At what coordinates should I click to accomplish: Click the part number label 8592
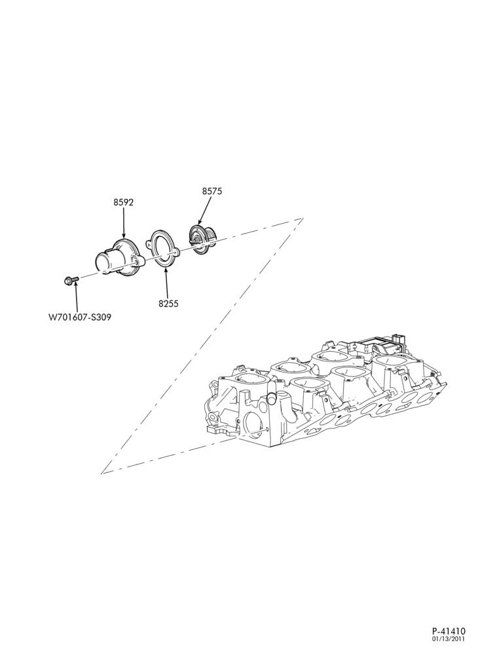point(123,203)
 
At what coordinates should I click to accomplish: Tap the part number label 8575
point(212,191)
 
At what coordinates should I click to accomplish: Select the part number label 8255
point(168,303)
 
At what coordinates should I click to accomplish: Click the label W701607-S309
point(80,317)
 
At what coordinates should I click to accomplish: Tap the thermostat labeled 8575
point(200,239)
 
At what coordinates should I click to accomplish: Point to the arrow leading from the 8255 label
point(166,283)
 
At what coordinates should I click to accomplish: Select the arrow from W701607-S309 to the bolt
point(77,297)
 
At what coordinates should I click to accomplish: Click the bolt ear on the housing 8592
point(138,262)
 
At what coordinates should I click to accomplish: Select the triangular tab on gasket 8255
point(149,241)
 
